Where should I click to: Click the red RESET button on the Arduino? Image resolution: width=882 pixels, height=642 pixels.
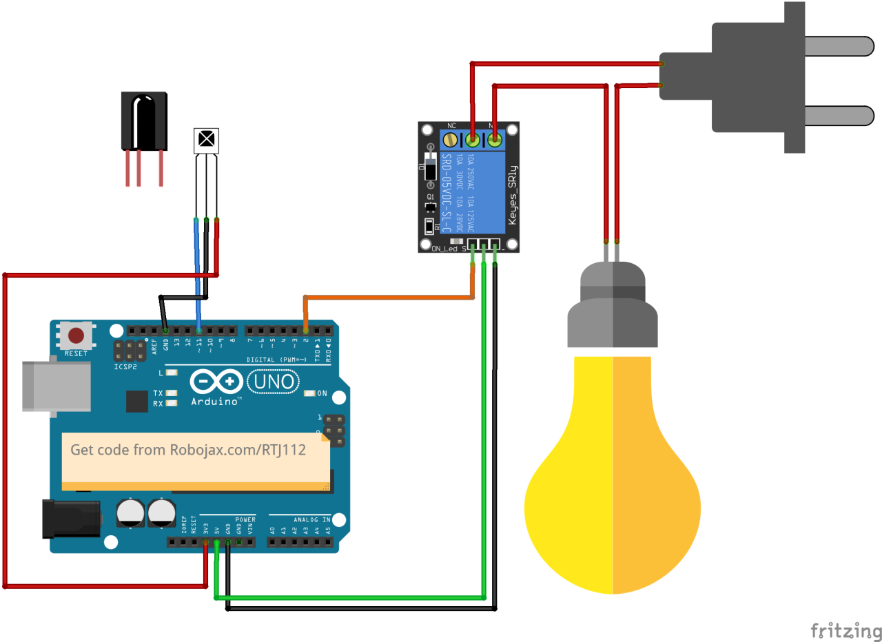pos(76,336)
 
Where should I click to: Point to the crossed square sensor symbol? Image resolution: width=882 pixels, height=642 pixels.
pos(205,141)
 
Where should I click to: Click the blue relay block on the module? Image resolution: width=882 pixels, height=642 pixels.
pos(475,183)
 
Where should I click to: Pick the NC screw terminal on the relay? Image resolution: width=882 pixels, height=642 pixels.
pos(451,141)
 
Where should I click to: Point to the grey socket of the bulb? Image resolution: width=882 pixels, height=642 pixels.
pos(612,310)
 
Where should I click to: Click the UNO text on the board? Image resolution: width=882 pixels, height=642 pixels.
pos(274,381)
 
